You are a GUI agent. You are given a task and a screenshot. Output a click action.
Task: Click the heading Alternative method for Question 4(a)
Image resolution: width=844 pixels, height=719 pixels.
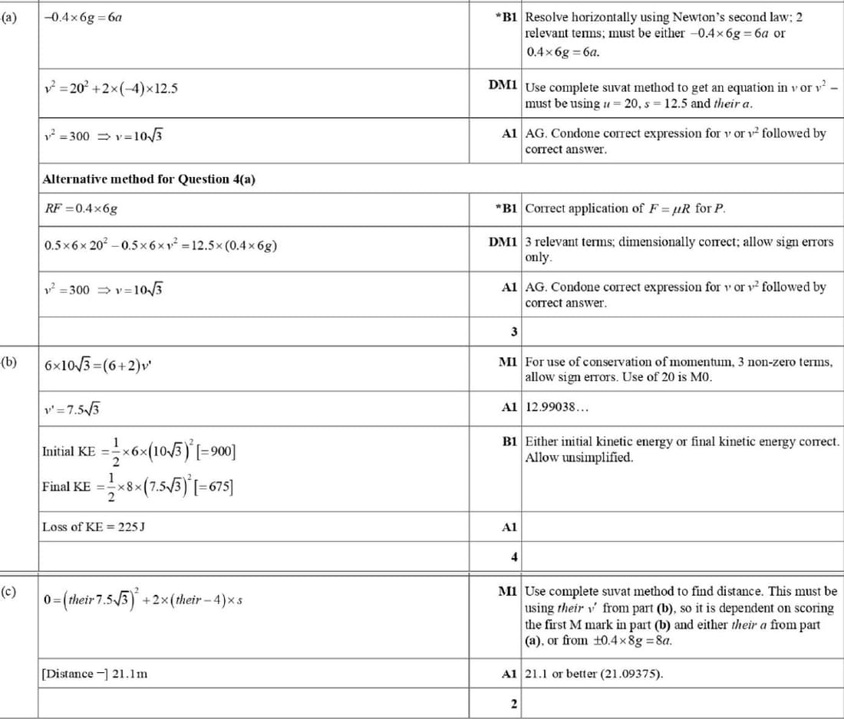(149, 179)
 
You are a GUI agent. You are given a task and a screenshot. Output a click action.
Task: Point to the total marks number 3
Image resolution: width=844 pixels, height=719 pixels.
(514, 331)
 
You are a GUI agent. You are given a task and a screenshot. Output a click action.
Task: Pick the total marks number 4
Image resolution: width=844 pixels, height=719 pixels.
(514, 556)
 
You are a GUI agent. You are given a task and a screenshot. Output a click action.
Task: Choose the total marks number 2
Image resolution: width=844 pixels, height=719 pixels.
(514, 704)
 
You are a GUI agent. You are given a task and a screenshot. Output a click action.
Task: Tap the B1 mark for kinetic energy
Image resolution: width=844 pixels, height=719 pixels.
(509, 442)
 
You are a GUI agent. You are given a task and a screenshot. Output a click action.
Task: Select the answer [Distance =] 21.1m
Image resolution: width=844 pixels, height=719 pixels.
(94, 675)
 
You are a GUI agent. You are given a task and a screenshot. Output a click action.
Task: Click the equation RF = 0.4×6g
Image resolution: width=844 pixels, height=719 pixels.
(81, 208)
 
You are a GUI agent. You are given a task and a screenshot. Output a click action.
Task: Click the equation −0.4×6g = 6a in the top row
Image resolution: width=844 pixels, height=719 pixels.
(84, 16)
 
